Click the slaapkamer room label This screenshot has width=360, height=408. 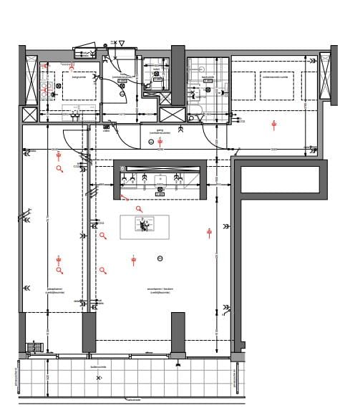coord(56,291)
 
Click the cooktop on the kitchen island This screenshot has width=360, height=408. coord(145,225)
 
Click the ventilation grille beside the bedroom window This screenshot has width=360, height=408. coord(34,347)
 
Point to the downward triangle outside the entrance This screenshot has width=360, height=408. coord(122,44)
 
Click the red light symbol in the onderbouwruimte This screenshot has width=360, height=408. coord(273,125)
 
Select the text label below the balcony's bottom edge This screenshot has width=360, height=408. coord(133,399)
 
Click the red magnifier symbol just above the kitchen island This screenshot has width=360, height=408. coord(140,209)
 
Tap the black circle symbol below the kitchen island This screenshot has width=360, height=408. coord(160,258)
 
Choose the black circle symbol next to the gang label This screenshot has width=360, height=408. coord(151,142)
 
